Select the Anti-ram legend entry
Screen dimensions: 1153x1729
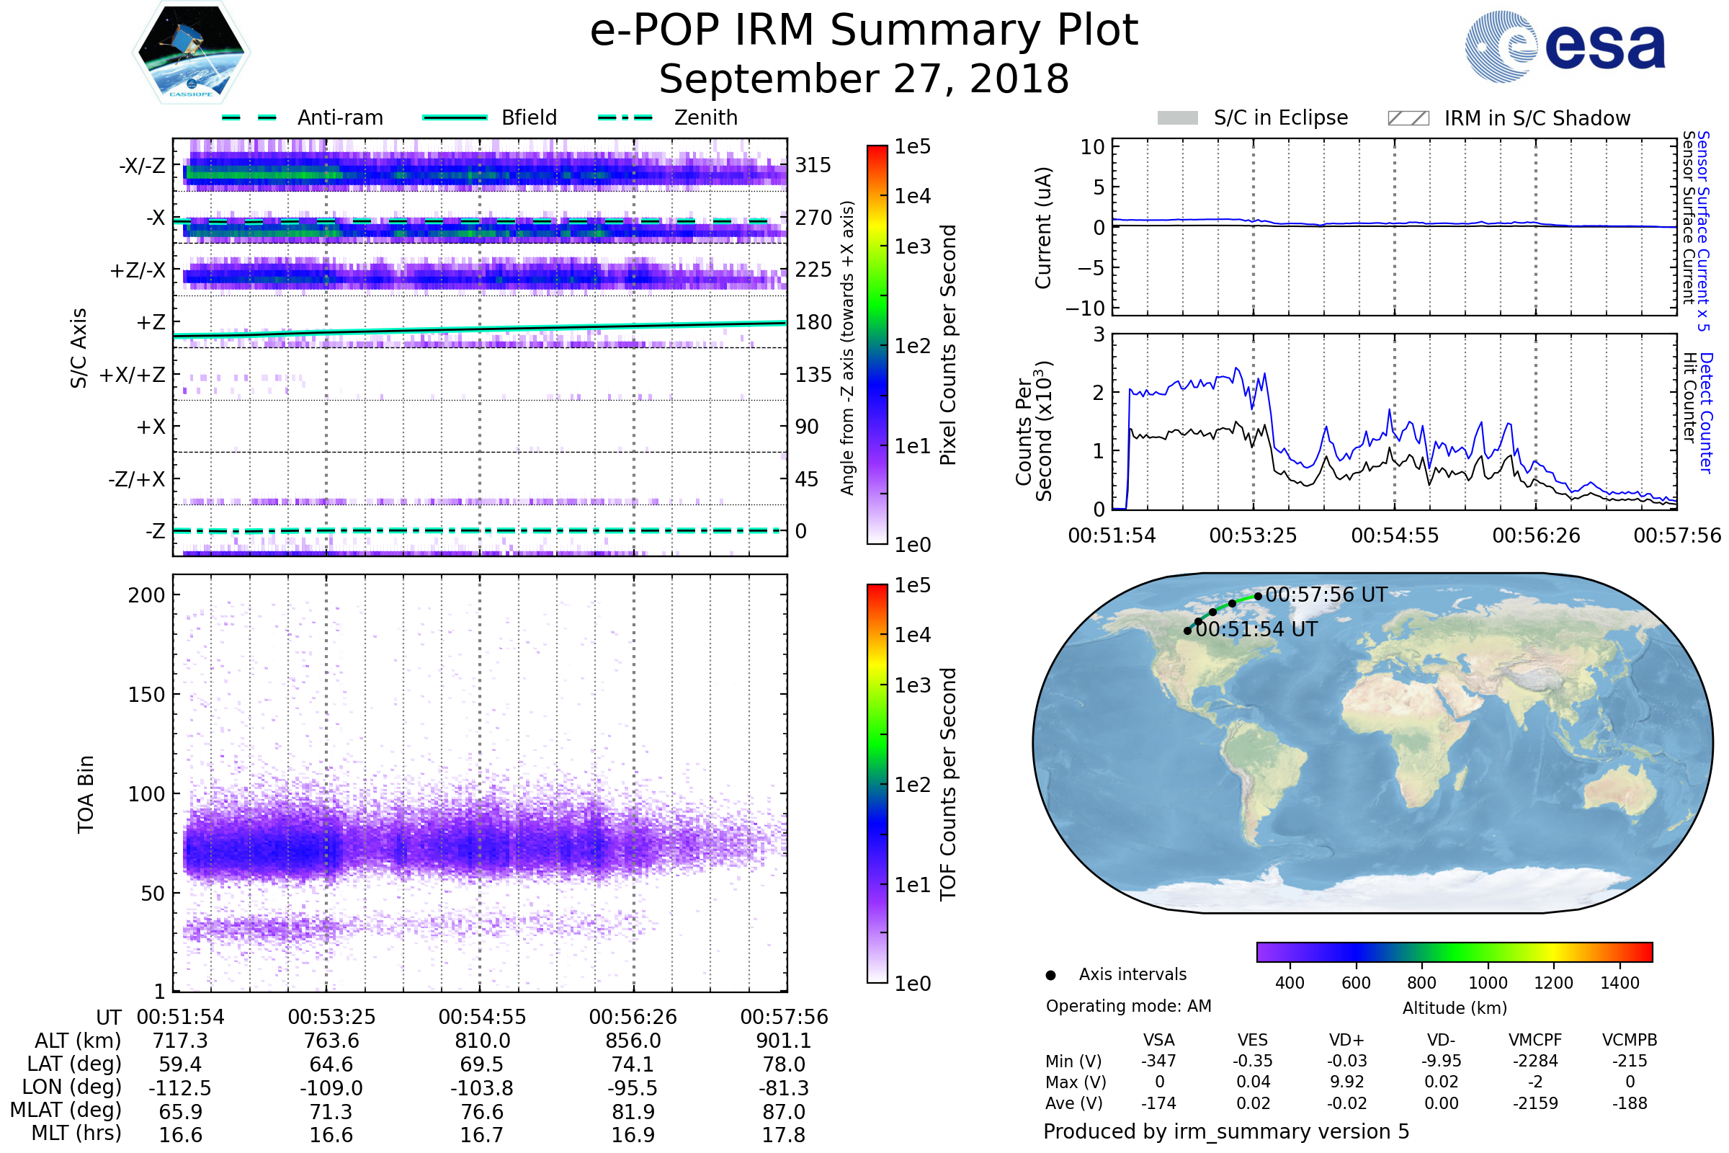point(339,117)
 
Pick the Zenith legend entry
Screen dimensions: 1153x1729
point(705,117)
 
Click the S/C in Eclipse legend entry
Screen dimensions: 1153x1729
point(1280,117)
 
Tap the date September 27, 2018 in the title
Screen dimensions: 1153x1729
point(864,79)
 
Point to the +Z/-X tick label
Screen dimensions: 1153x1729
point(138,271)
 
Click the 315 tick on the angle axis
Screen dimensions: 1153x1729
point(813,165)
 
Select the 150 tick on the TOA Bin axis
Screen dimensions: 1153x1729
point(146,695)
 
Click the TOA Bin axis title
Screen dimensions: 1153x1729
point(86,793)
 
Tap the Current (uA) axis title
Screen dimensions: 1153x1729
point(1043,228)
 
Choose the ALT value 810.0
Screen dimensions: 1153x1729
point(482,1041)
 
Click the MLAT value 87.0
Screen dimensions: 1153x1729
point(784,1112)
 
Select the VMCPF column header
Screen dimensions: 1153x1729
point(1535,1041)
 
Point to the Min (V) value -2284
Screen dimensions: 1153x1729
point(1535,1061)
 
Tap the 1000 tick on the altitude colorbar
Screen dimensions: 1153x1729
point(1487,983)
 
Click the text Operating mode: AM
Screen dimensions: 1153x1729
point(1128,1006)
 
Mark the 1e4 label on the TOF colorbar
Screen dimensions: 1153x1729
point(912,635)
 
